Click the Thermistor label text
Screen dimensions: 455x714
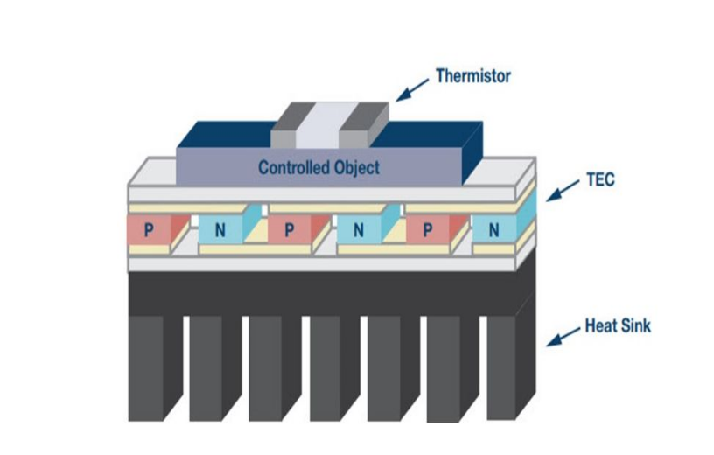pos(473,76)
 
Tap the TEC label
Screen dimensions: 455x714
pos(600,182)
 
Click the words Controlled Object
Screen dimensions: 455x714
pos(319,167)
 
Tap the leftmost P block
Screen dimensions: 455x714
pos(149,231)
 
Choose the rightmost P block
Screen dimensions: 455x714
pos(427,231)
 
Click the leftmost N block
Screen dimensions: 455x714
pos(219,231)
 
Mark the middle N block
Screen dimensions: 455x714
pos(358,231)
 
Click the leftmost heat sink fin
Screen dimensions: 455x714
pos(145,367)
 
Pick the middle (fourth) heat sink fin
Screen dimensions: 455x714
pos(325,367)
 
